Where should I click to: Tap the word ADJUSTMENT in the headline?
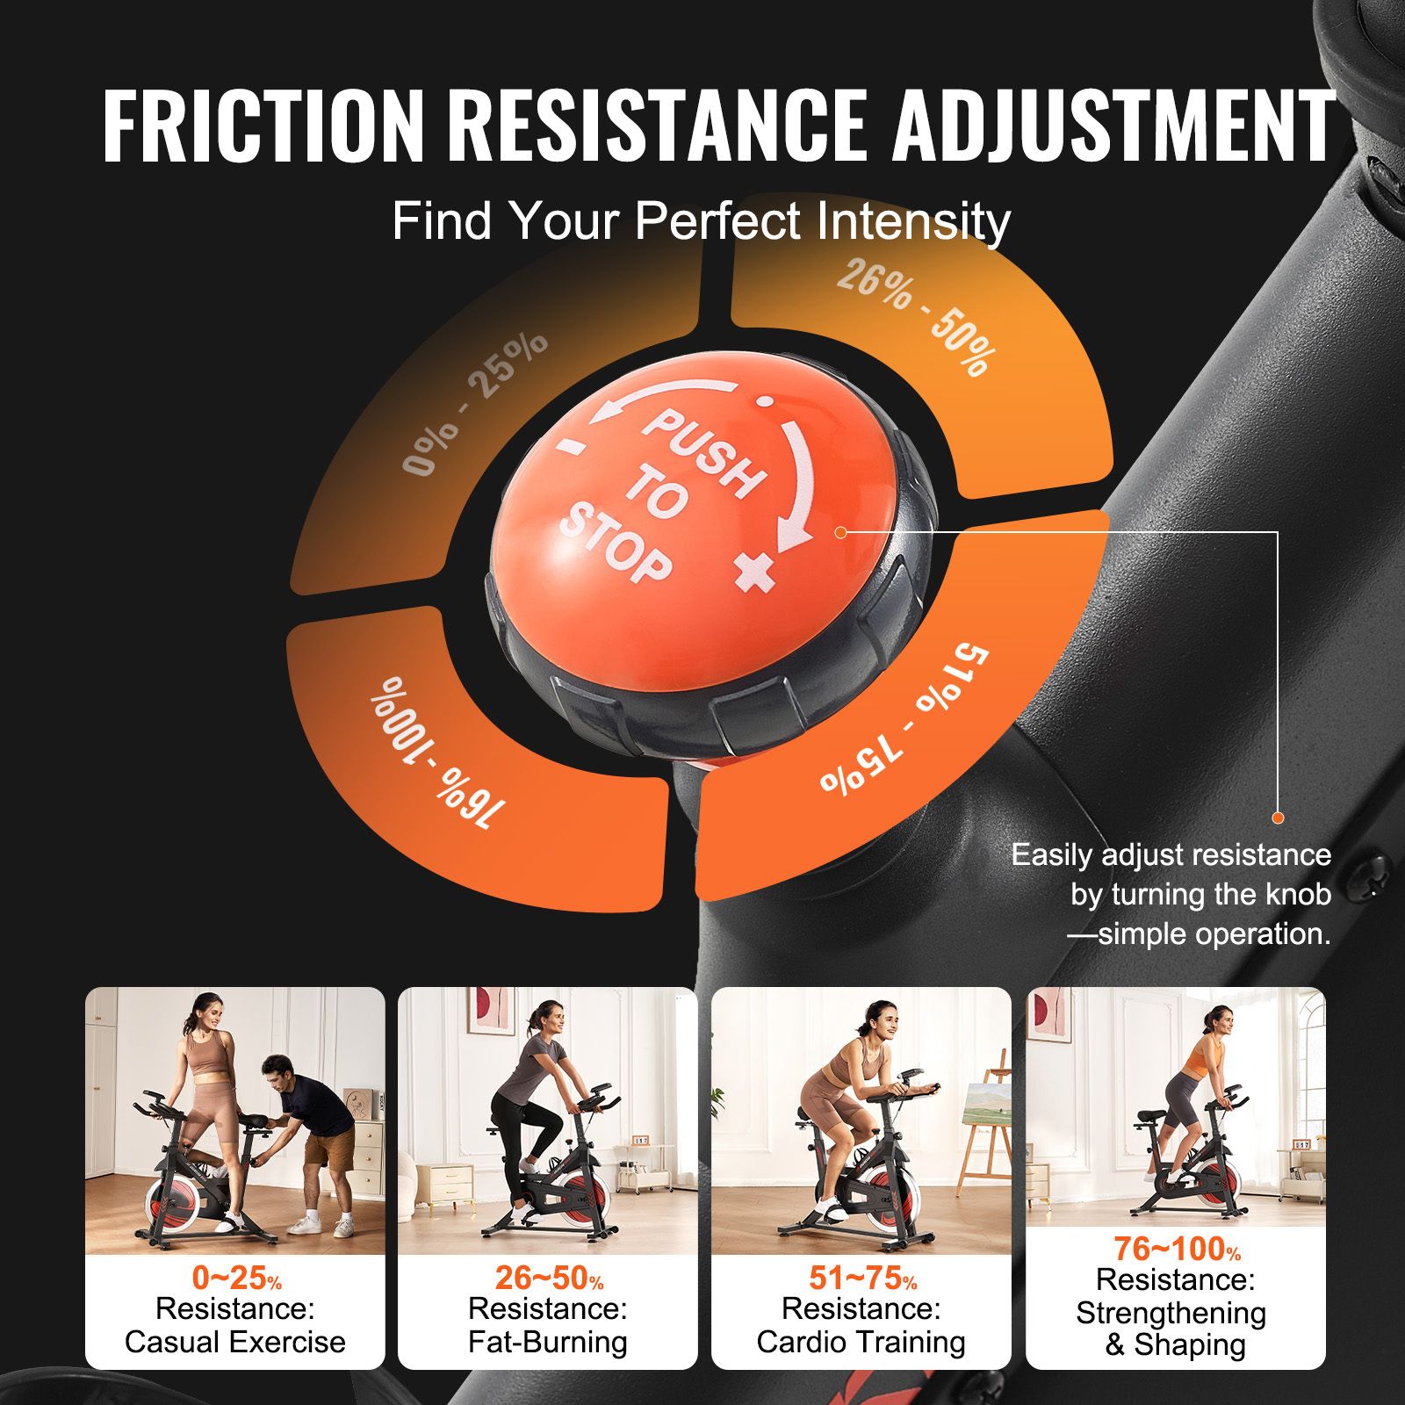pyautogui.click(x=1114, y=126)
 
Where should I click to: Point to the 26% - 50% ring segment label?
pyautogui.click(x=917, y=317)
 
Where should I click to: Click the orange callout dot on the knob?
pyautogui.click(x=840, y=532)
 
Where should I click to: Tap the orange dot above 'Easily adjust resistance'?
pyautogui.click(x=1278, y=818)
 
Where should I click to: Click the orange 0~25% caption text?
pyautogui.click(x=236, y=1278)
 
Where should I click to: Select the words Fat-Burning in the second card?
pyautogui.click(x=548, y=1342)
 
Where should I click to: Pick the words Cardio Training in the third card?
pyautogui.click(x=861, y=1342)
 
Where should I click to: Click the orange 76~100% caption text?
pyautogui.click(x=1177, y=1248)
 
